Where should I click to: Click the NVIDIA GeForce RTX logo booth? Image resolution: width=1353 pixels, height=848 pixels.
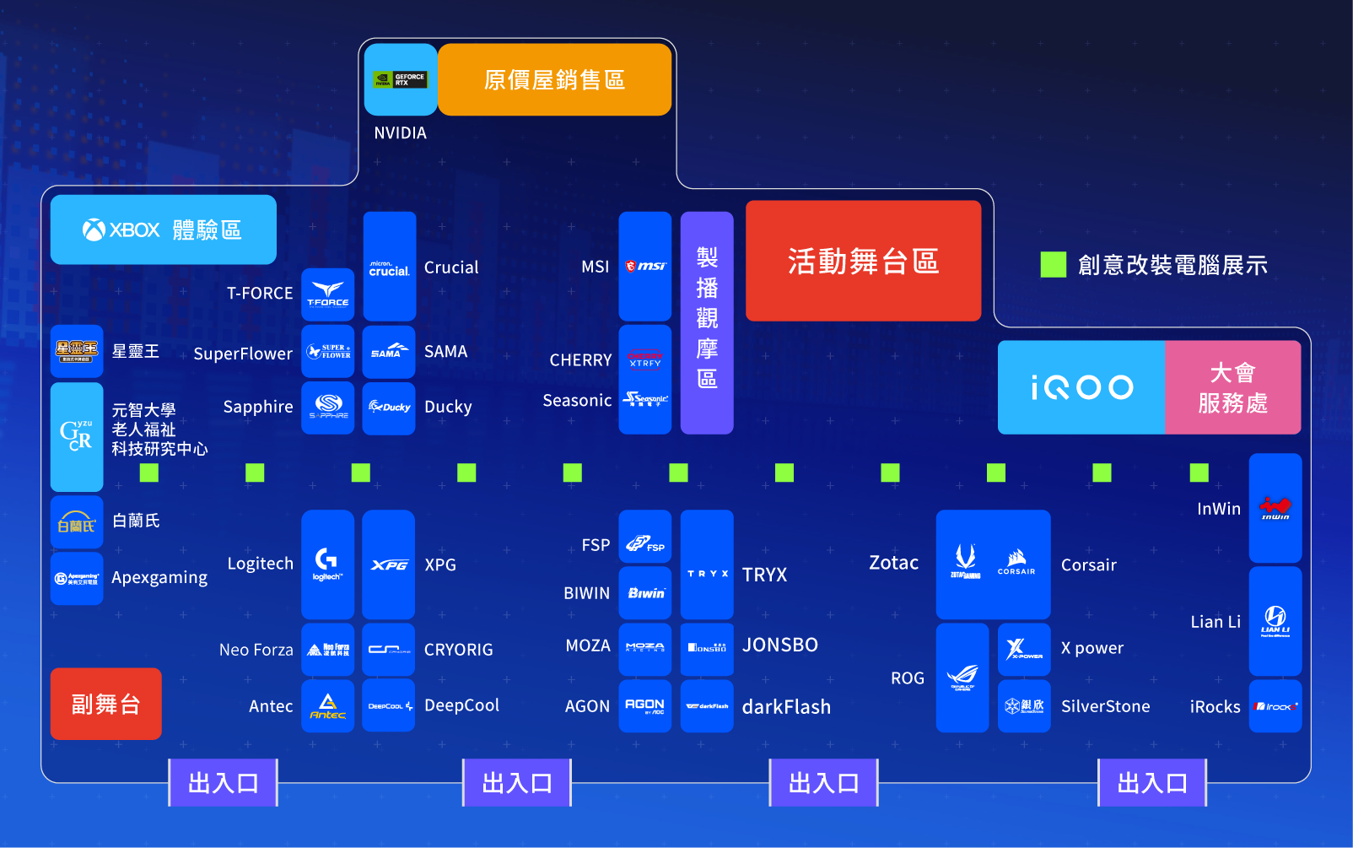tap(401, 80)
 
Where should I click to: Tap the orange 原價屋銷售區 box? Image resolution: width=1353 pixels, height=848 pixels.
tap(554, 80)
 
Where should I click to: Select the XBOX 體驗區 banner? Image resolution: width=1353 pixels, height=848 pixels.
tap(163, 230)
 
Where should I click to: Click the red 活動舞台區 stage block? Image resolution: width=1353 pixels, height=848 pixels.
tap(863, 261)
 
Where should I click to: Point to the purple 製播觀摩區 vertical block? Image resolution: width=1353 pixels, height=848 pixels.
tap(707, 322)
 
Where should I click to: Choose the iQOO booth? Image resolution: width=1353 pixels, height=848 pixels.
tap(1081, 387)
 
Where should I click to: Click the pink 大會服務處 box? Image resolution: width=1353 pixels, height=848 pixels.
tap(1232, 387)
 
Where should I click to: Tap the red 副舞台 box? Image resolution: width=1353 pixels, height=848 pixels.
tap(105, 704)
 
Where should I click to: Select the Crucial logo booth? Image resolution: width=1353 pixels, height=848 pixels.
tap(389, 267)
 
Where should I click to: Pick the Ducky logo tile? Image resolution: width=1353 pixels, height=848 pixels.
tap(389, 408)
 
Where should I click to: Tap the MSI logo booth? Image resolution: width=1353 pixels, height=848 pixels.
tap(645, 267)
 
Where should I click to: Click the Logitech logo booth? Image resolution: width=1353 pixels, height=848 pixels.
tap(327, 564)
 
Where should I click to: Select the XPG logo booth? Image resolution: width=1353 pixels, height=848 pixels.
tap(389, 564)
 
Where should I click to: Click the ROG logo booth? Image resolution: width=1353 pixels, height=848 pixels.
tap(962, 678)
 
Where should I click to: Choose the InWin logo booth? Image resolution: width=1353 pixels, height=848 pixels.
tap(1275, 508)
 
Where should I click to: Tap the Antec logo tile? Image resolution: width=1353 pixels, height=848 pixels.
tap(327, 705)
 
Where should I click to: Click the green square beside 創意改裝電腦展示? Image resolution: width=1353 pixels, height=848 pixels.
tap(1053, 265)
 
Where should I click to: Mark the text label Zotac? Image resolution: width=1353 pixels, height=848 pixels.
tap(893, 563)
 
